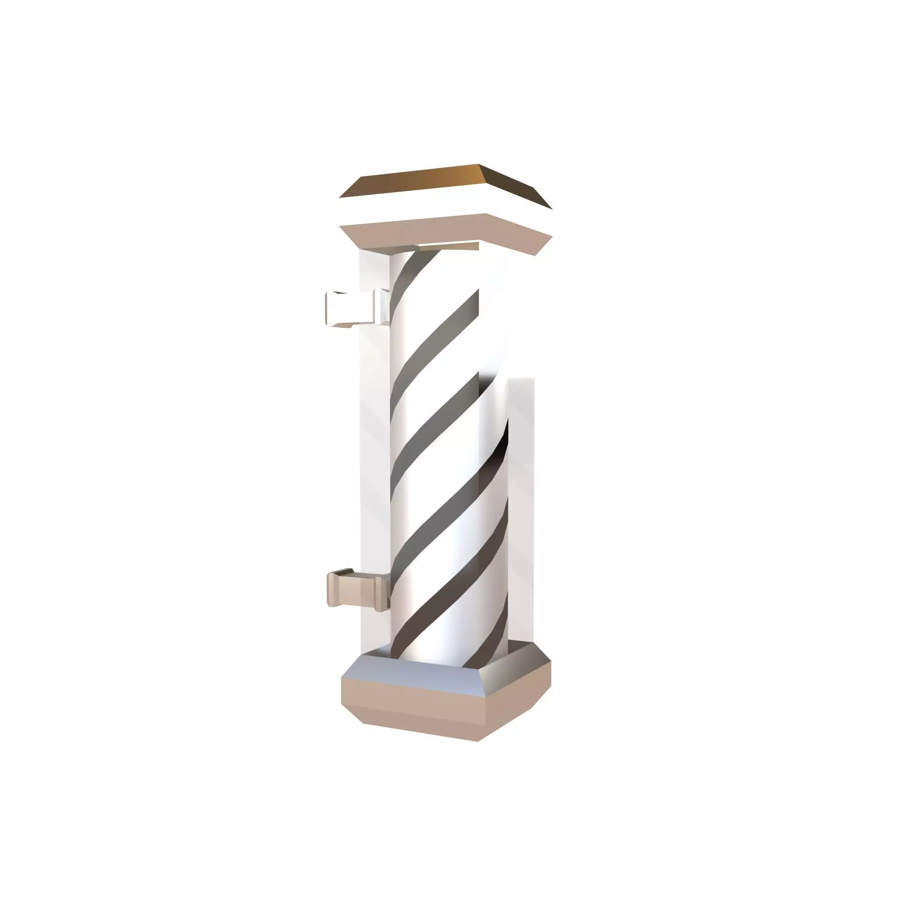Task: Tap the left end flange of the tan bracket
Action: click(333, 588)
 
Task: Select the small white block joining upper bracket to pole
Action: click(382, 306)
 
